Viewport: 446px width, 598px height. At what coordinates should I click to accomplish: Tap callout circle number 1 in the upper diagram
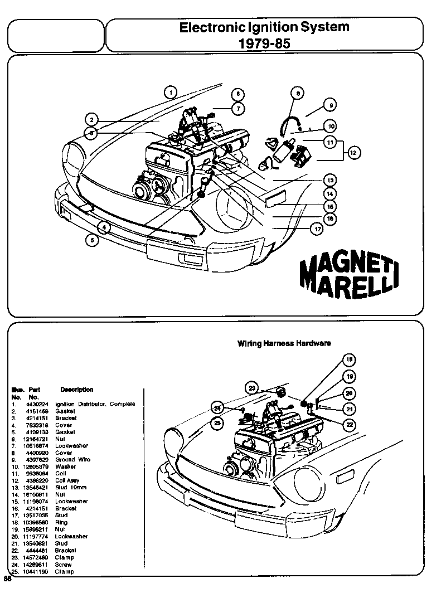coord(171,93)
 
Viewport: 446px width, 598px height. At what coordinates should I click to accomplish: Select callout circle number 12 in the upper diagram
coord(352,151)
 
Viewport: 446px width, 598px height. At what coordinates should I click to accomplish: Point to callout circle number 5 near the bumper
coord(93,240)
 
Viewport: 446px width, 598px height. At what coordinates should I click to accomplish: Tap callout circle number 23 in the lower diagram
coord(253,388)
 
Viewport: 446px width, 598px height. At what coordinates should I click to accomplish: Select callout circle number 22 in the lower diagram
coord(349,424)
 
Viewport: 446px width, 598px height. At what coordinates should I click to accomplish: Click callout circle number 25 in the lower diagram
coord(217,422)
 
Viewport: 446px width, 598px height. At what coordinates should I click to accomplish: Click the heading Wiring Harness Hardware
coord(284,343)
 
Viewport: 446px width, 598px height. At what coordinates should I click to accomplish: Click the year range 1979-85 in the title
coord(264,43)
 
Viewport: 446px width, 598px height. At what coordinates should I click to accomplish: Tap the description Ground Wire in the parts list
coord(72,459)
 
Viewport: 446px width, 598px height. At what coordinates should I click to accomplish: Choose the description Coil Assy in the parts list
coord(67,480)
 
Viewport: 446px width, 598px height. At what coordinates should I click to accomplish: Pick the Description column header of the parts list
coord(76,390)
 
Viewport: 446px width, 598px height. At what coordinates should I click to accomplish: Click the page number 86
coord(8,579)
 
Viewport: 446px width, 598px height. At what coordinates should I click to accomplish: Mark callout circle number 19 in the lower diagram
coord(349,376)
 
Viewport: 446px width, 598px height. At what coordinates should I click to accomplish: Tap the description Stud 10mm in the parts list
coord(70,487)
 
